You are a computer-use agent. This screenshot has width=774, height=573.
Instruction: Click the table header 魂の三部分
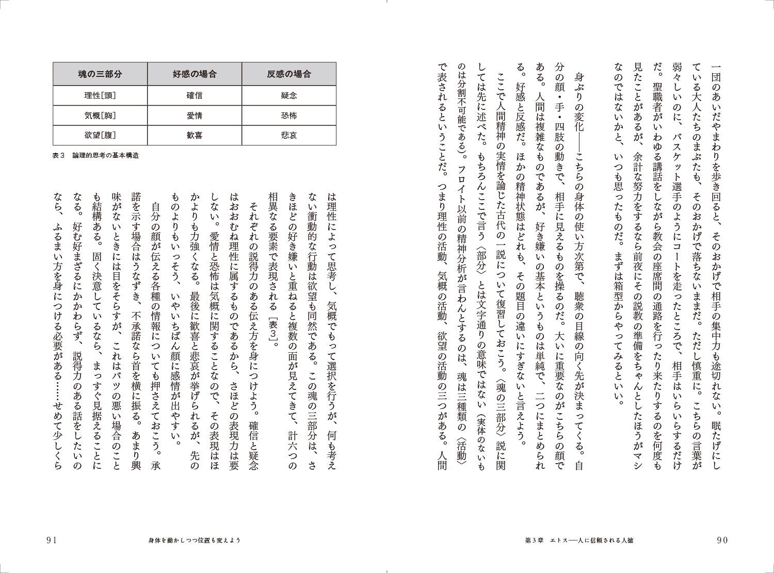coord(100,74)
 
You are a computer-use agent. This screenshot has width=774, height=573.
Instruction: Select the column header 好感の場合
coord(194,74)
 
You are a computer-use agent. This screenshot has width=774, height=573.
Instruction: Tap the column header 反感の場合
coord(289,74)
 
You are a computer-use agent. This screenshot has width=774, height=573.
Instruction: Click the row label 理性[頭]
coord(100,95)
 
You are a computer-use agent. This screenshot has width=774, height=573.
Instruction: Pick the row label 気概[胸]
coord(100,116)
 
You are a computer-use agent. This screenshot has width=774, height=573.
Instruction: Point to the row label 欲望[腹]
coord(100,135)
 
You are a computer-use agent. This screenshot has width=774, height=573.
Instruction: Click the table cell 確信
coord(194,95)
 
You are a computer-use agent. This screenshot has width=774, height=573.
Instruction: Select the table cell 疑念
coord(289,95)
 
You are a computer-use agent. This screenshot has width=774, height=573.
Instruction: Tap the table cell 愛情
coord(194,116)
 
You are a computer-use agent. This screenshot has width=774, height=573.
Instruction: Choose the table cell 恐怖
coord(289,116)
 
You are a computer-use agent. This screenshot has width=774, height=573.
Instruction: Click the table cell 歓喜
coord(194,135)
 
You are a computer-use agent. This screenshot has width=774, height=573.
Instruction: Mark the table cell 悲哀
coord(289,135)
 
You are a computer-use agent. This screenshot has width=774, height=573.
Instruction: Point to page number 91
coord(51,540)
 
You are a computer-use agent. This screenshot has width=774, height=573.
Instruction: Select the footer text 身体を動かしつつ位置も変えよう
coord(195,540)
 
